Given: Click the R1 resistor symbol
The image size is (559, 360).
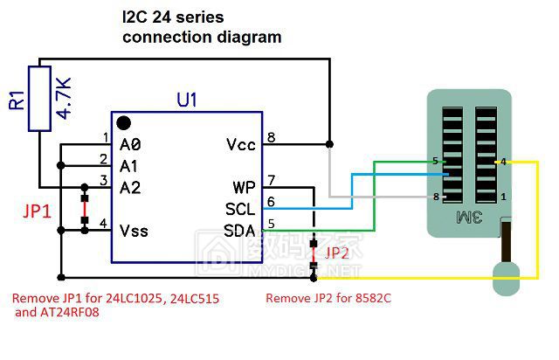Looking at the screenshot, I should [39, 98].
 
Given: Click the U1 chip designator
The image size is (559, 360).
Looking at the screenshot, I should [187, 100].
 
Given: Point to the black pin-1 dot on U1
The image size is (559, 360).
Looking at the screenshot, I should [125, 124].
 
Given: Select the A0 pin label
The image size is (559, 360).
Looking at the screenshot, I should [130, 144].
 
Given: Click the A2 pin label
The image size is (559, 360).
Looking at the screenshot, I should [130, 187].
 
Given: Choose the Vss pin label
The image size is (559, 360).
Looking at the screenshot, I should [134, 231].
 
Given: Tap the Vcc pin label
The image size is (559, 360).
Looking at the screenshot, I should [240, 144].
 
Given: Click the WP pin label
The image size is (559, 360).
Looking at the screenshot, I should [244, 188].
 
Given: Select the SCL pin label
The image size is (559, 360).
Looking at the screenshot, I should [240, 210].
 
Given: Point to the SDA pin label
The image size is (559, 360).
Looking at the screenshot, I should [240, 231].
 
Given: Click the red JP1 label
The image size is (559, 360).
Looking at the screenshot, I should [36, 211].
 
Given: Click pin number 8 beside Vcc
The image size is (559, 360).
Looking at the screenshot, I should [272, 137].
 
